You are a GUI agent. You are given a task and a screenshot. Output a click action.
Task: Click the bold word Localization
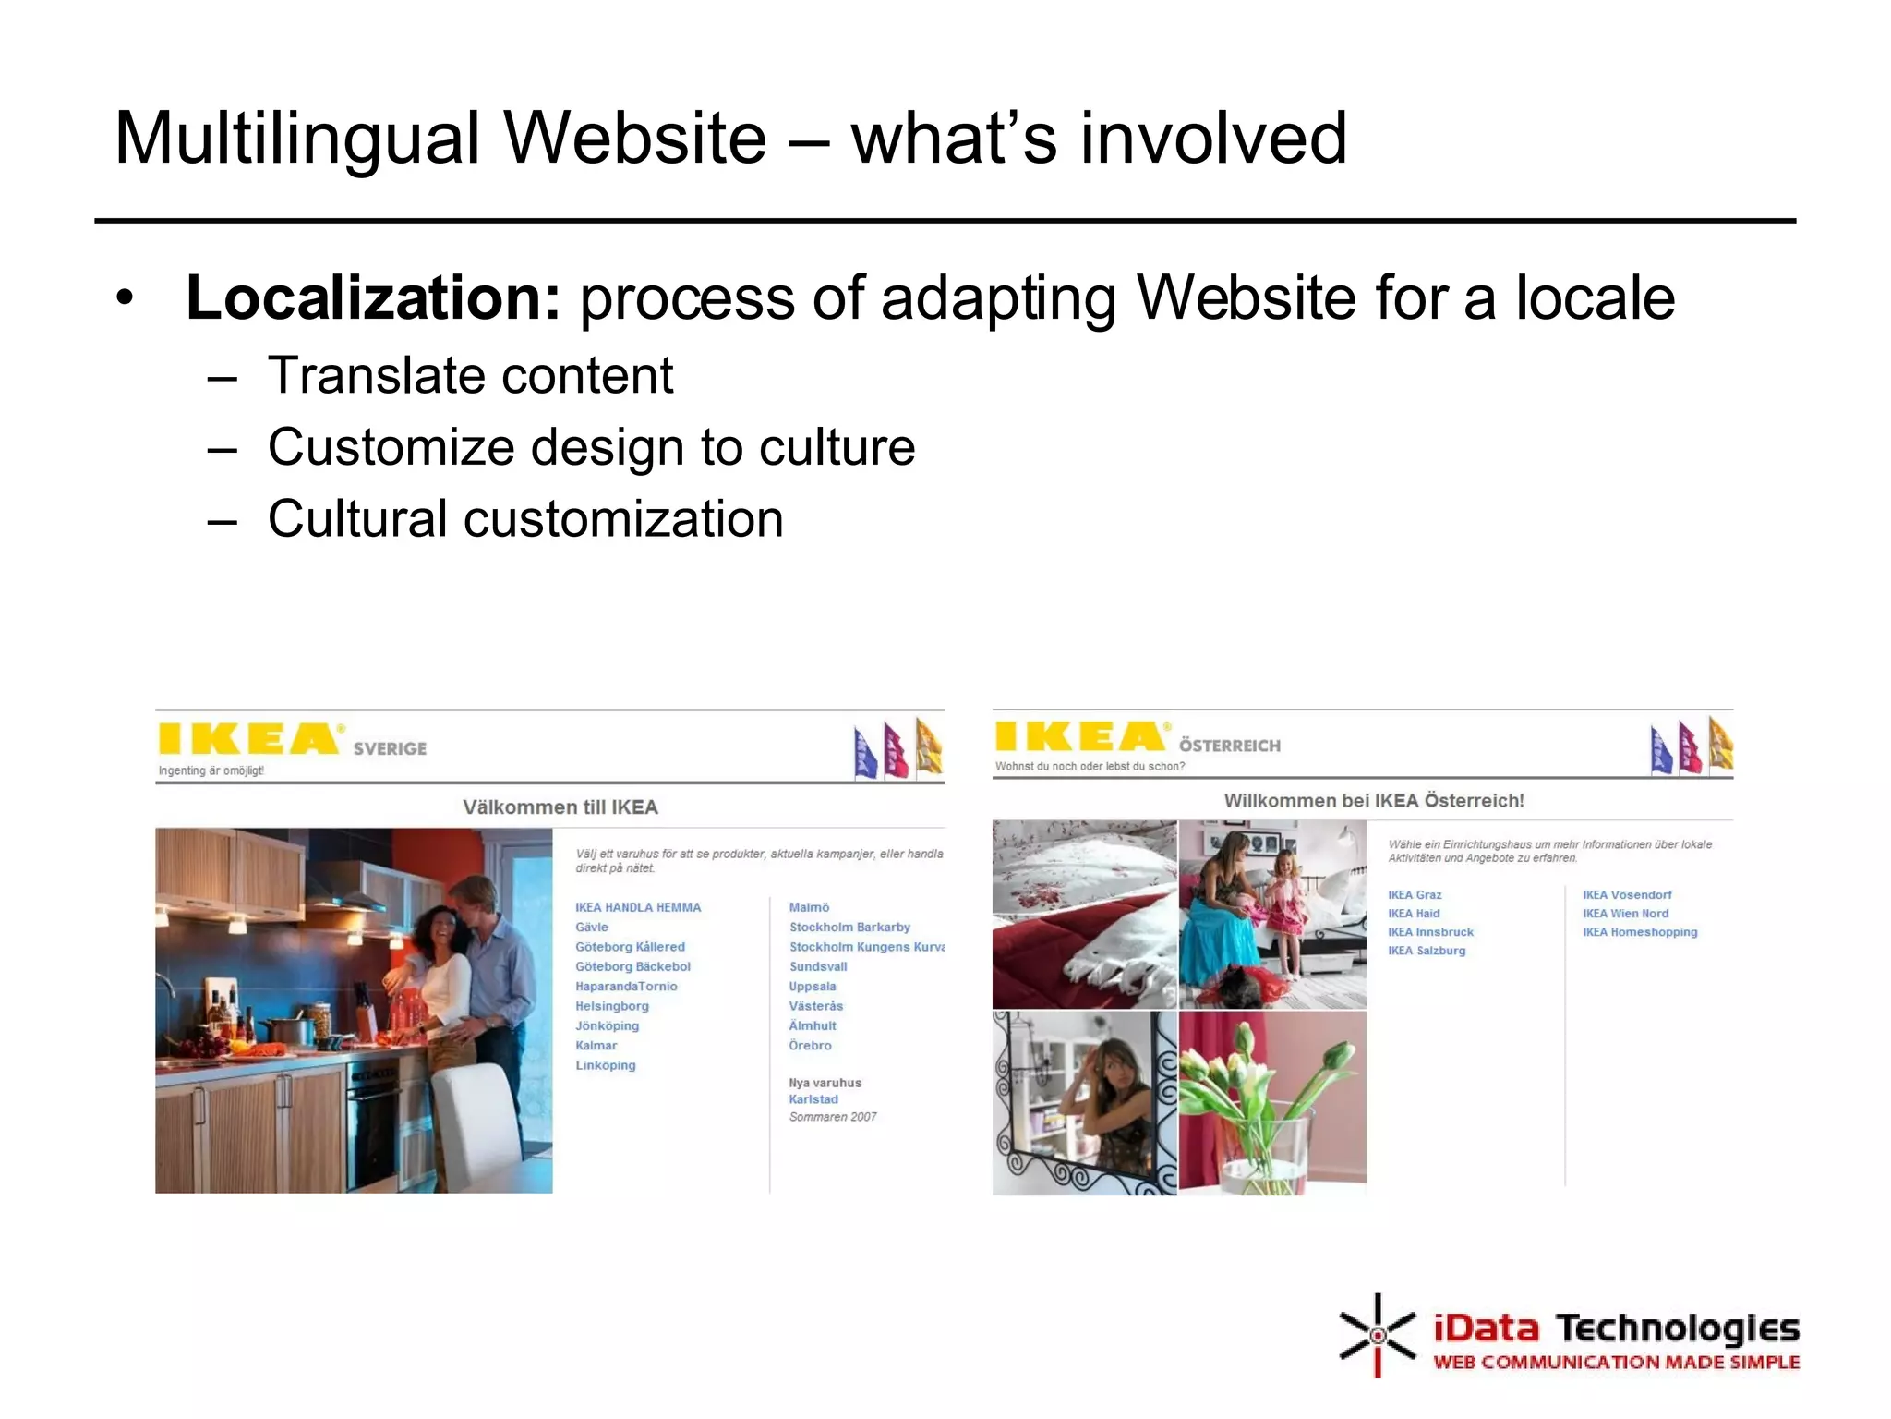click(x=373, y=298)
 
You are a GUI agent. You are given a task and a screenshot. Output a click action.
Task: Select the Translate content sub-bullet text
click(x=470, y=376)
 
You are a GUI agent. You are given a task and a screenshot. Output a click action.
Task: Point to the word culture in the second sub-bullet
click(x=837, y=447)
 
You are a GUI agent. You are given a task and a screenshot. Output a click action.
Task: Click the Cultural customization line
click(x=525, y=519)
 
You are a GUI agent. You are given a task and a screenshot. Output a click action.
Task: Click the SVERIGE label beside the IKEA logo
click(x=390, y=748)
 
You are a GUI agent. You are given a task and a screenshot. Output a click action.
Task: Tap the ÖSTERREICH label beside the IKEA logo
click(x=1229, y=746)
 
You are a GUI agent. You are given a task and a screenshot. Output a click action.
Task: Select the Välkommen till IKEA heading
click(x=560, y=807)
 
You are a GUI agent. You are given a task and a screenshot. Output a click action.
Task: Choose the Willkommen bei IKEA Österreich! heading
click(x=1373, y=801)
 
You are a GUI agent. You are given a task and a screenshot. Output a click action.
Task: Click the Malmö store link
click(x=809, y=907)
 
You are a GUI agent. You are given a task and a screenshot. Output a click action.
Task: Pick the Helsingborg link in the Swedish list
click(x=611, y=1006)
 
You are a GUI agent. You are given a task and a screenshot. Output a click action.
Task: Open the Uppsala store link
click(x=812, y=987)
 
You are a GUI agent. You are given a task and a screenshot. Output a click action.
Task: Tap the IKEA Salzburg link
click(x=1426, y=951)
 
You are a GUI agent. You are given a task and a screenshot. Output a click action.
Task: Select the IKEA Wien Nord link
click(x=1625, y=914)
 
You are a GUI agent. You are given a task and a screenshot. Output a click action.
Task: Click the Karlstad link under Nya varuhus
click(x=813, y=1099)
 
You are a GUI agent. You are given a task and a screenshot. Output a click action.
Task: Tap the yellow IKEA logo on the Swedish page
click(x=247, y=739)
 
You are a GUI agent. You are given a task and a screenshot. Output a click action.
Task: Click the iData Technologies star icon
click(x=1377, y=1335)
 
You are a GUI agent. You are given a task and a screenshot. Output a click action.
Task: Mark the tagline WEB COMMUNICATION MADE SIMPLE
click(x=1616, y=1363)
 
